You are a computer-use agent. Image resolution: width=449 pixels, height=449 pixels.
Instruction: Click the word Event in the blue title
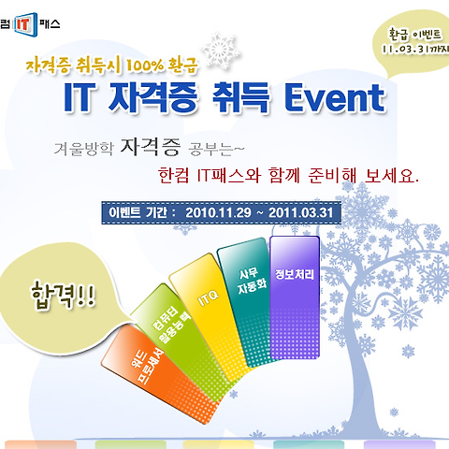pos(335,97)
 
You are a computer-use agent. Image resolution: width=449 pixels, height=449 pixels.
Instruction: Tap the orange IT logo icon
pos(25,24)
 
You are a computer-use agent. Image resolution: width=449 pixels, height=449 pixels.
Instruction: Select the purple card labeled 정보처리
pos(295,297)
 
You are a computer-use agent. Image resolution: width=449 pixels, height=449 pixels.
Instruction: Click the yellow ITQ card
pos(210,316)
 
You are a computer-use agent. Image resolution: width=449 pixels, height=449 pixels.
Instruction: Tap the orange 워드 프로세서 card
pos(159,374)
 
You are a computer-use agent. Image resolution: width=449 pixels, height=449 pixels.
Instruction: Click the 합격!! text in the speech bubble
pos(63,296)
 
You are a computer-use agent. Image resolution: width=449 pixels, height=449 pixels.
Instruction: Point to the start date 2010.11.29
pos(218,212)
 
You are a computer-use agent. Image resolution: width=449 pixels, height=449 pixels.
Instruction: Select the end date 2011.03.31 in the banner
pos(301,212)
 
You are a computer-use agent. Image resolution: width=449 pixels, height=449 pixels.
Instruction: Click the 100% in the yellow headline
pos(145,65)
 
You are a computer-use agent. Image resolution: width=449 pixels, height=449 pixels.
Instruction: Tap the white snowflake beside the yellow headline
pos(220,50)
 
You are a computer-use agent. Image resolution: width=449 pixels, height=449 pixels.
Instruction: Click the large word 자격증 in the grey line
pos(151,147)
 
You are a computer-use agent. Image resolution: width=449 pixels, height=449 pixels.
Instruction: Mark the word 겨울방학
pos(84,149)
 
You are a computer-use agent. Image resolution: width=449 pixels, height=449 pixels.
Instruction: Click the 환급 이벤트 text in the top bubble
pos(414,35)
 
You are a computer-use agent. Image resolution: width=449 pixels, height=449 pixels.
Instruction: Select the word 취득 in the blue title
pos(240,97)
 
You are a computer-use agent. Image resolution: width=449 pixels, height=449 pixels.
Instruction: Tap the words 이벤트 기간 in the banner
pos(138,212)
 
